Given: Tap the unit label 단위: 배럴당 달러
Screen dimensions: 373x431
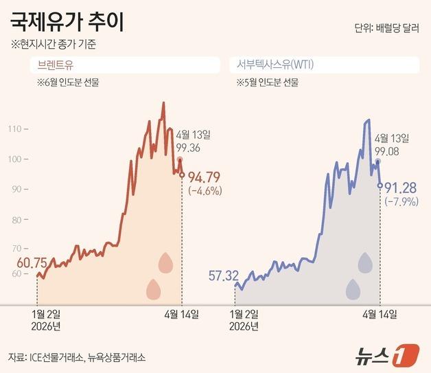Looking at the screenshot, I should click(385, 29).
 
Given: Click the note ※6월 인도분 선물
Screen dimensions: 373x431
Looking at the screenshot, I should click(70, 82).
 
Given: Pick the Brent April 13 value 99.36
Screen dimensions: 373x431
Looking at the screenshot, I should click(188, 147).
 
